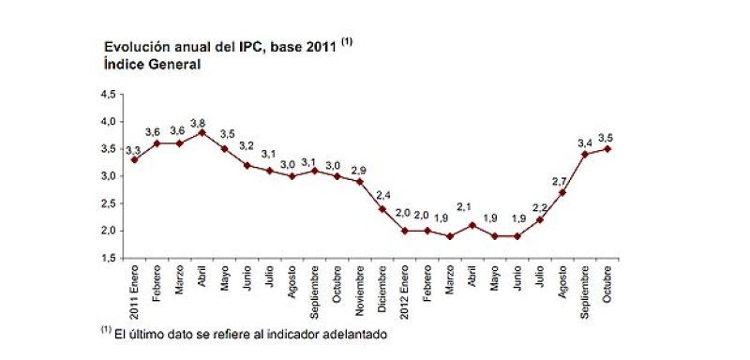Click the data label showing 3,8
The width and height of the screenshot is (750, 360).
pyautogui.click(x=199, y=122)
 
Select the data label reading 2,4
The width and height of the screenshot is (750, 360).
pyautogui.click(x=382, y=196)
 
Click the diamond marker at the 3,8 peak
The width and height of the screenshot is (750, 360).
pyautogui.click(x=202, y=132)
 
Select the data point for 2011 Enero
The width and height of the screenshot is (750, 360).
pyautogui.click(x=134, y=159)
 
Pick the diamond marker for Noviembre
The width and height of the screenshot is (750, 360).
pyautogui.click(x=360, y=181)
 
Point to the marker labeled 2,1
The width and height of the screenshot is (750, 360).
pyautogui.click(x=472, y=225)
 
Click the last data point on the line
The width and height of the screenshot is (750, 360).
pyautogui.click(x=608, y=148)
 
